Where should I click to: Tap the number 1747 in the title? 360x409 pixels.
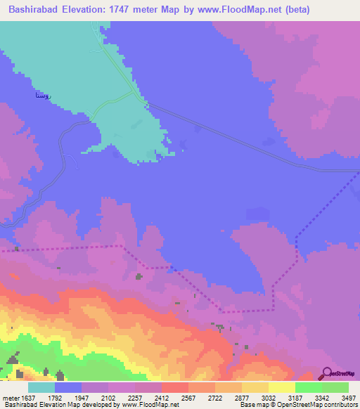click(x=129, y=9)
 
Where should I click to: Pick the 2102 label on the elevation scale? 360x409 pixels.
click(x=108, y=397)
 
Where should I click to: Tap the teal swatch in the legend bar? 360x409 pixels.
click(x=41, y=387)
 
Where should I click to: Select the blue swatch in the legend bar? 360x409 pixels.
click(x=68, y=387)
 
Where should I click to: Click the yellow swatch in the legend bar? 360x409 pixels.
click(x=282, y=387)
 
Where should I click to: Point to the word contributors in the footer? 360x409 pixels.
click(x=341, y=405)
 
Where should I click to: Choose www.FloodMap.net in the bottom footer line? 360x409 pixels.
click(x=152, y=405)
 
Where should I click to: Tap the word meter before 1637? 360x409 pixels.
click(x=10, y=397)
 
